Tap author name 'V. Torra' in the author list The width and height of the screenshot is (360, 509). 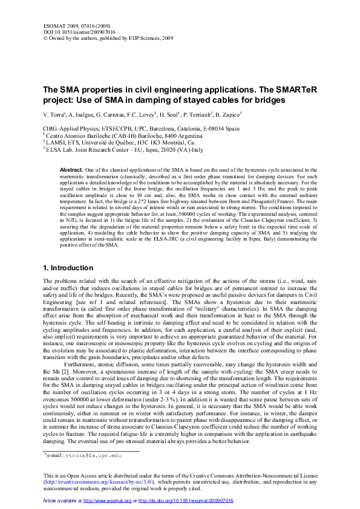click(x=53, y=114)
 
